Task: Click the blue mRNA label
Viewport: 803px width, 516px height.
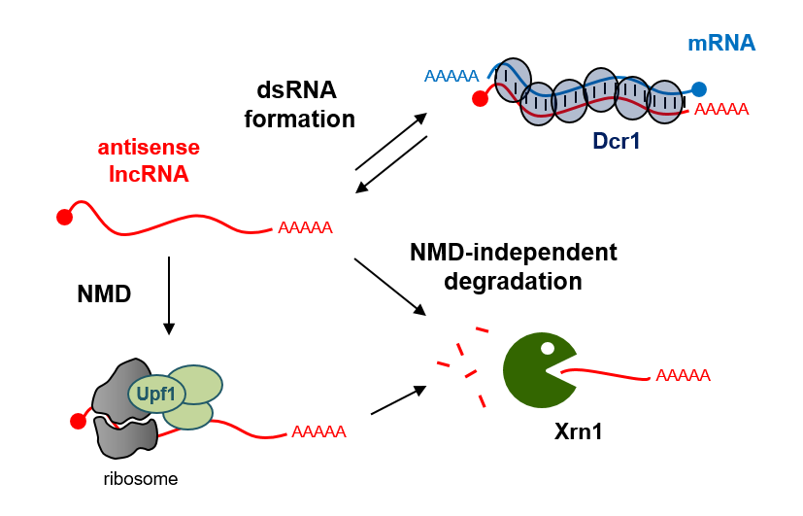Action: [721, 43]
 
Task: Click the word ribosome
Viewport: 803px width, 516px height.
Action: [141, 479]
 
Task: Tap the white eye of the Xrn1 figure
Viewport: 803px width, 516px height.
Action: [548, 347]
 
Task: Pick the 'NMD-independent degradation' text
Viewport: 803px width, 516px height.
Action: [514, 267]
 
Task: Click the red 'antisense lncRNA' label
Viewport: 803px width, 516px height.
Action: [149, 161]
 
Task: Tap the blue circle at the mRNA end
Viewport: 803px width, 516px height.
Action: [699, 88]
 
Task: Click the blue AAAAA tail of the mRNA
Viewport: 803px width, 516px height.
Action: [451, 76]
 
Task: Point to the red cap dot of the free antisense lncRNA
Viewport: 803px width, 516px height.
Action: [65, 217]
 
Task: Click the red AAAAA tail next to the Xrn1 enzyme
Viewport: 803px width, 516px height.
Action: [684, 375]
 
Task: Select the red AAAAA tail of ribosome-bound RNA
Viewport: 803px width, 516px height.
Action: [318, 431]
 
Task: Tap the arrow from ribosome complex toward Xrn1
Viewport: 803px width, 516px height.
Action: [399, 399]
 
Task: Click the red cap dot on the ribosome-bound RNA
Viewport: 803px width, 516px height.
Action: [78, 422]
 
